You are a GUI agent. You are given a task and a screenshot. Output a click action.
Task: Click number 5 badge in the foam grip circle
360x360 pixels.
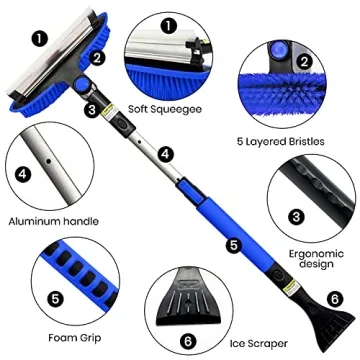23,297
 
